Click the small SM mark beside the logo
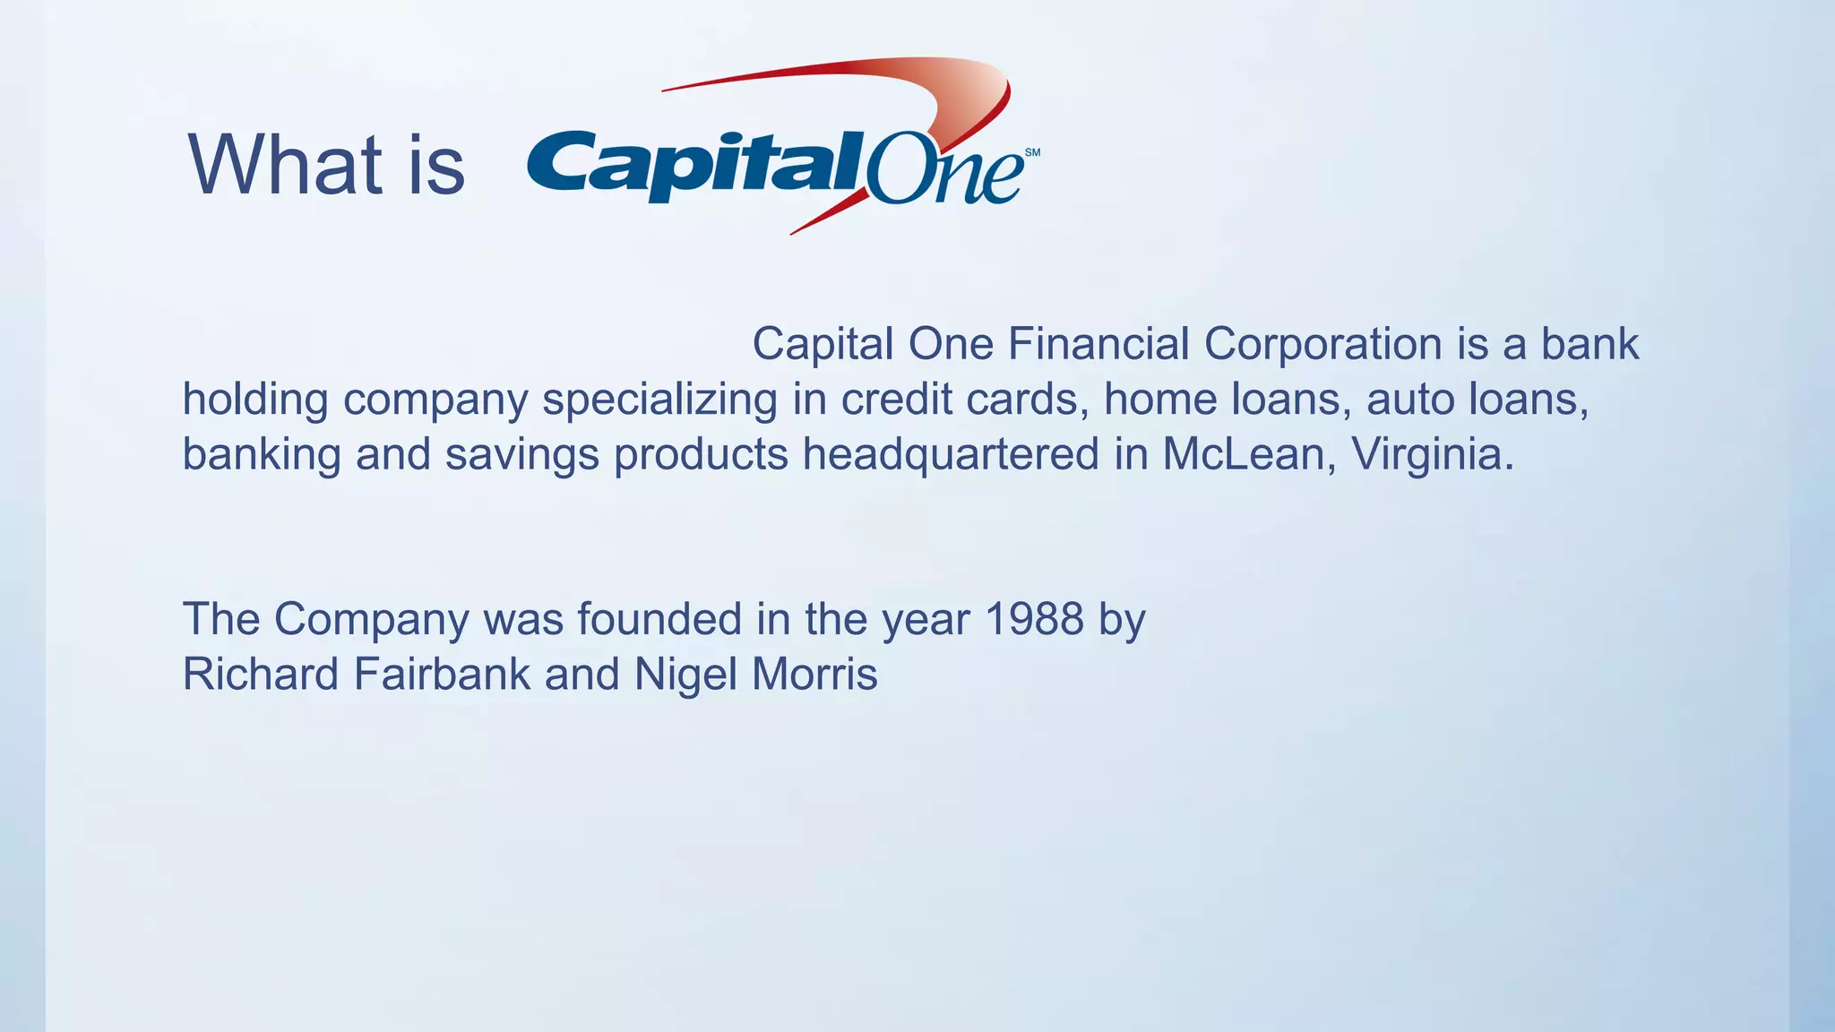click(x=1032, y=153)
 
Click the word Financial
click(x=1098, y=344)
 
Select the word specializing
click(x=659, y=400)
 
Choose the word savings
click(x=521, y=455)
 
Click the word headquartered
click(x=950, y=454)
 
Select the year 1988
click(x=1034, y=619)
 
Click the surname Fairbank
click(x=443, y=674)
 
